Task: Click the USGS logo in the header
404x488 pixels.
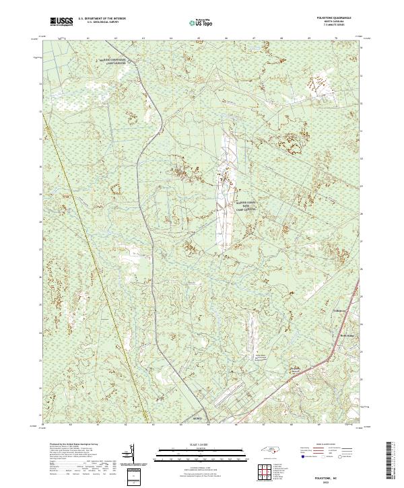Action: tap(61, 22)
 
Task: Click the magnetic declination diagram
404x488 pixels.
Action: tap(131, 455)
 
